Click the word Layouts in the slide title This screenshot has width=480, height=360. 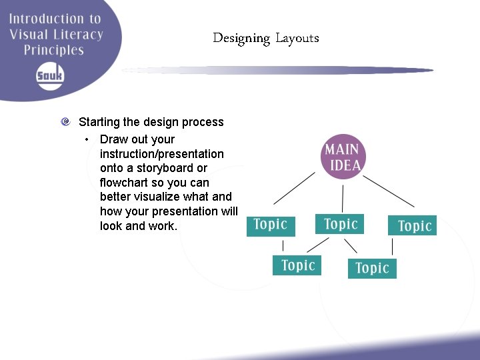(297, 38)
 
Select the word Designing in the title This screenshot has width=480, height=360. (241, 39)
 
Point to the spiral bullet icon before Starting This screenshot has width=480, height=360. (65, 122)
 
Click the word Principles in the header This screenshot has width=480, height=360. (54, 50)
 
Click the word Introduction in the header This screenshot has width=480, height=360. (45, 19)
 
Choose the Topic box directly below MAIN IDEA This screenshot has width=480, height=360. (340, 224)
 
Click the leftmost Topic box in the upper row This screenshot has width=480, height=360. (271, 225)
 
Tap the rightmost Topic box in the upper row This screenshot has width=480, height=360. (413, 226)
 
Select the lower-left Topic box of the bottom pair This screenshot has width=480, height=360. (297, 265)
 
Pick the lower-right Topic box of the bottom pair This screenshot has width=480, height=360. (372, 268)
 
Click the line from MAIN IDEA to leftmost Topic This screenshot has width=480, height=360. (295, 188)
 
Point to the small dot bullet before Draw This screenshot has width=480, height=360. (87, 139)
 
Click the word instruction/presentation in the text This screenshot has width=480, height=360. (162, 154)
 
